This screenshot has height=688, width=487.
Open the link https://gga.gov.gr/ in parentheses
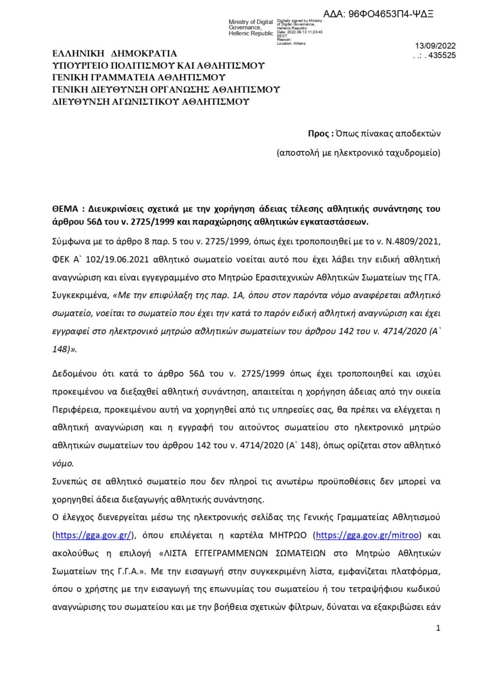93,535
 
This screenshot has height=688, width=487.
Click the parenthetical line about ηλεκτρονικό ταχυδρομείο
358,153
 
